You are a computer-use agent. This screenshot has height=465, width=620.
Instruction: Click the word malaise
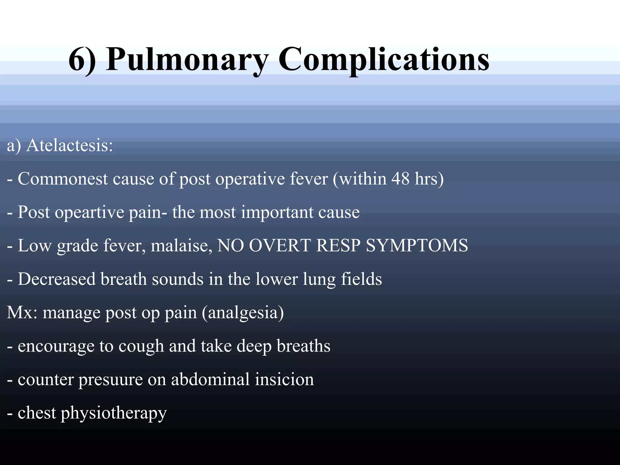[x=181, y=246]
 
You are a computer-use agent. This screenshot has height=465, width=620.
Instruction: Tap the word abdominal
[x=210, y=379]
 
